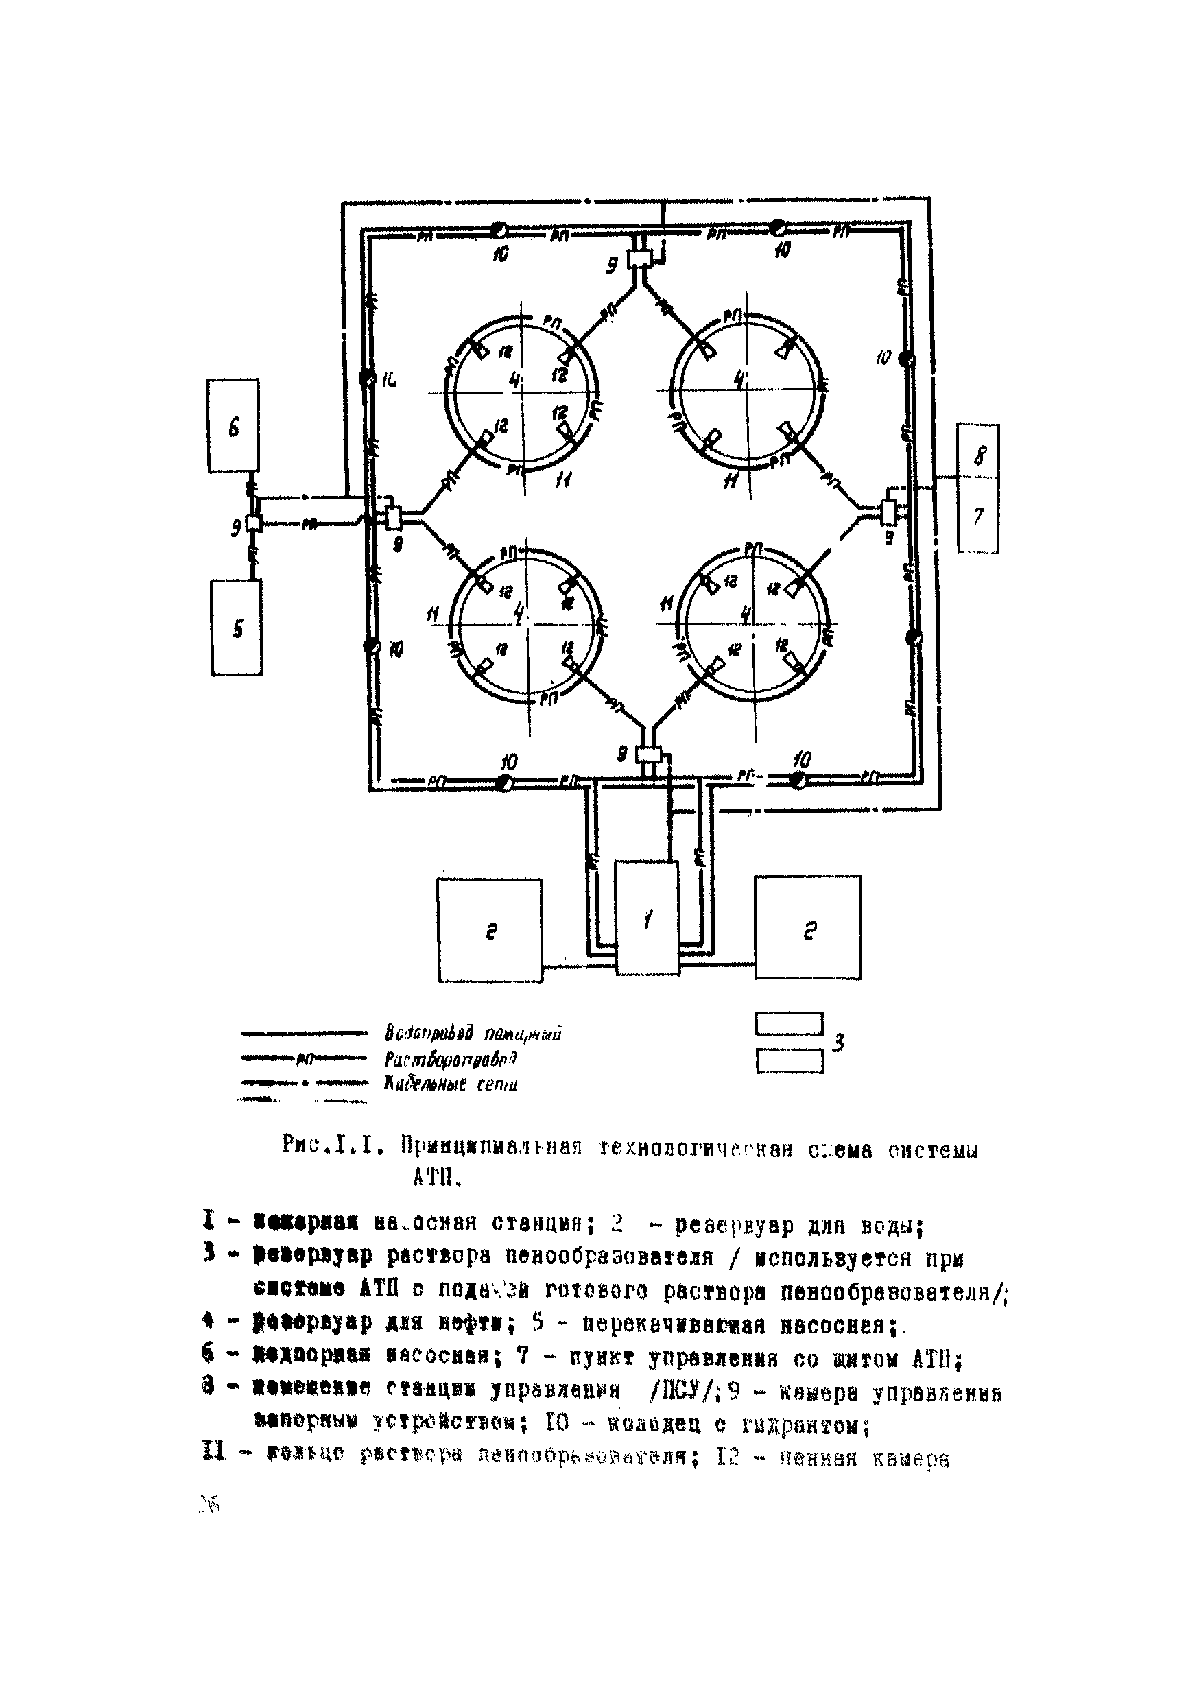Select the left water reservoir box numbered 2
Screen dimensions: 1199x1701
tap(490, 931)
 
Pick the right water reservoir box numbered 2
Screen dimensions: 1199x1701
tap(808, 927)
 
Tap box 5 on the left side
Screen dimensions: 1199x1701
tap(237, 628)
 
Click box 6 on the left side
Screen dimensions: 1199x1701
tap(233, 426)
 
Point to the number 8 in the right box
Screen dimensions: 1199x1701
tap(979, 454)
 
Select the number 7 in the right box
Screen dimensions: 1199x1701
tap(978, 516)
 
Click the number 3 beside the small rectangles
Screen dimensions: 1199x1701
tap(839, 1043)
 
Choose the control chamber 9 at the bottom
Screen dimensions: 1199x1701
tap(649, 755)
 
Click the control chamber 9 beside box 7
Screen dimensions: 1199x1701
tap(888, 510)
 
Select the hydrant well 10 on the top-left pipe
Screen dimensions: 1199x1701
tap(499, 230)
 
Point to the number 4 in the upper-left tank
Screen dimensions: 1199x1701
tap(516, 381)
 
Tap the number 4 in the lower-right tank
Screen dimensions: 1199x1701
tap(746, 613)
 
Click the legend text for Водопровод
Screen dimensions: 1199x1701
tap(473, 1034)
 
